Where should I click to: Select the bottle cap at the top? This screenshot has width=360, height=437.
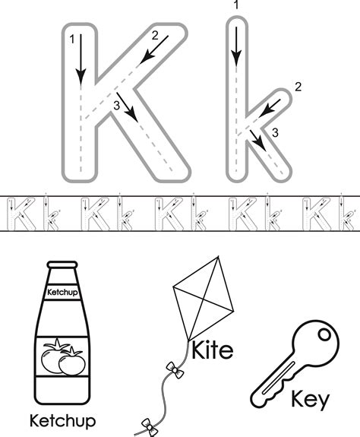click(x=62, y=268)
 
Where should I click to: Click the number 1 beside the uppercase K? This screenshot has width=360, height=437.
click(x=71, y=39)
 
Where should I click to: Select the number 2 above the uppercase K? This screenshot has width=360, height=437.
click(x=155, y=35)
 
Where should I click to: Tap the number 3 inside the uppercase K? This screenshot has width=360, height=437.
click(x=115, y=106)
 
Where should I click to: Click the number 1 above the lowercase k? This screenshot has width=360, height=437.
click(x=237, y=6)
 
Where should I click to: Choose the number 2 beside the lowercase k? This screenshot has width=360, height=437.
click(x=298, y=88)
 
